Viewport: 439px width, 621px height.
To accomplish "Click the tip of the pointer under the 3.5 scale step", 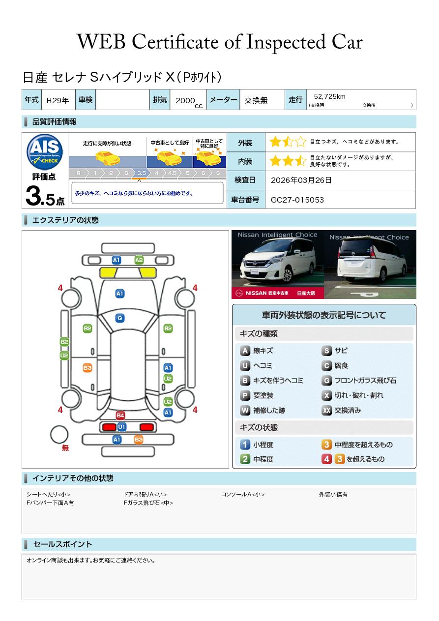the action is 140,180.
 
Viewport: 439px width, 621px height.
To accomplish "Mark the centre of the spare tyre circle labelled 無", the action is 59,435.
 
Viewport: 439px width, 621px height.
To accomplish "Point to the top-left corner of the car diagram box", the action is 22,231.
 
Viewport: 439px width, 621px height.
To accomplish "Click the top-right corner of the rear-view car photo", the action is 416,230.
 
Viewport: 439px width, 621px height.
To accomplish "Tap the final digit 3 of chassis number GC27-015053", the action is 322,200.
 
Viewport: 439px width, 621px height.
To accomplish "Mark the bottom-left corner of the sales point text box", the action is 22,599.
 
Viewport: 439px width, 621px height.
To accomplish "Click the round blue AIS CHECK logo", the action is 45,151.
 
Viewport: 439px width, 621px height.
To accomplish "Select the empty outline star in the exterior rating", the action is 300,142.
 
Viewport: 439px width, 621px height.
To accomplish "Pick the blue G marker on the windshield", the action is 120,318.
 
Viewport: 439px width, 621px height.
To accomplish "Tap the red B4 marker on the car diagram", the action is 120,415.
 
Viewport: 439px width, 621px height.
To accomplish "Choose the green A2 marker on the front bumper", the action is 139,260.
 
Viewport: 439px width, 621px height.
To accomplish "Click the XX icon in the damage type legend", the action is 327,410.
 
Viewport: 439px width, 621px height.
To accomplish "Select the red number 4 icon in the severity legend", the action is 327,459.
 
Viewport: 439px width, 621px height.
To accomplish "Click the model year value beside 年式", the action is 58,100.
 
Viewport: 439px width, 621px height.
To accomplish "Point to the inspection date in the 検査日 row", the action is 301,180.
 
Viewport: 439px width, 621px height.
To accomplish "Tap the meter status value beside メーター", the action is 256,100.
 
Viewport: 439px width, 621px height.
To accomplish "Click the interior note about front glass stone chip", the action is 148,503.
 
